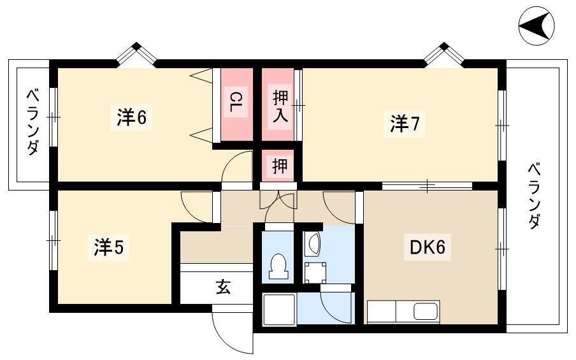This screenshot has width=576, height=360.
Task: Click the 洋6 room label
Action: click(x=131, y=117)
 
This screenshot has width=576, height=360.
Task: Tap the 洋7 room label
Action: click(x=404, y=124)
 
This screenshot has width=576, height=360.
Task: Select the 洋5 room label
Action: click(x=109, y=247)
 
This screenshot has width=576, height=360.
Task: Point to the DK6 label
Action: click(x=428, y=247)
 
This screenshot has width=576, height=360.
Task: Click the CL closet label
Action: click(x=236, y=103)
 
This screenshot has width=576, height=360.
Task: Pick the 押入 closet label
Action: click(x=280, y=107)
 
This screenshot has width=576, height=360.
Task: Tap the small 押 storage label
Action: click(x=280, y=166)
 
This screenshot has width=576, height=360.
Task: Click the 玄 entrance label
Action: click(x=223, y=287)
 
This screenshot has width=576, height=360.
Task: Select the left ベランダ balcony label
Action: click(x=32, y=123)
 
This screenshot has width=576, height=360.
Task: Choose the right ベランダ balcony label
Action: click(x=535, y=196)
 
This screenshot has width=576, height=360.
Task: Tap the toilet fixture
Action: click(x=278, y=266)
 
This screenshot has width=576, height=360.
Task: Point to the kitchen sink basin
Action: click(x=426, y=312)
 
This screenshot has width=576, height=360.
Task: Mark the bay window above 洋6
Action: click(x=136, y=54)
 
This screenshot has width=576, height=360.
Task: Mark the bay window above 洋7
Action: click(x=444, y=54)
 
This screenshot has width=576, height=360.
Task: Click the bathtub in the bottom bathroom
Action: click(x=279, y=309)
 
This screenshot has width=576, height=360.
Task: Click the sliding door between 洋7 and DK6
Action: click(x=428, y=185)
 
